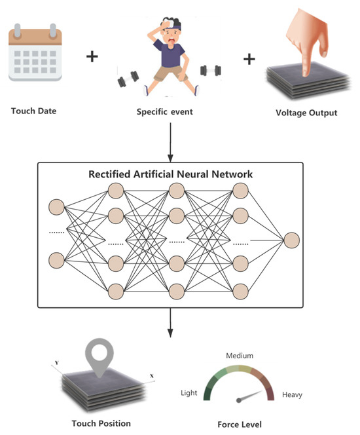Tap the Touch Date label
33,111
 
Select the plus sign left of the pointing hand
249,59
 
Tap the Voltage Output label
308,113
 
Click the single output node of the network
291,240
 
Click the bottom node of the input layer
57,259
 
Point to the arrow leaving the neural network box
171,321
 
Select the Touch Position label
100,424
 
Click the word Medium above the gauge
240,356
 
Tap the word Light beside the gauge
189,393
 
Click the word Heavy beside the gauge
292,394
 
